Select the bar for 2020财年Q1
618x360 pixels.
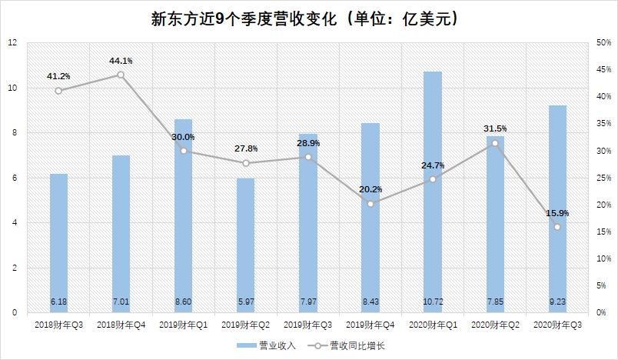[x=433, y=192]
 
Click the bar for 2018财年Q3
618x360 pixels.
[x=58, y=243]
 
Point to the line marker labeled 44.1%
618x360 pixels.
[x=121, y=75]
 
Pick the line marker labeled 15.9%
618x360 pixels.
[x=557, y=227]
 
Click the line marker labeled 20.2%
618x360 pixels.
[x=370, y=204]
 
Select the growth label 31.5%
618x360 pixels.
[x=494, y=128]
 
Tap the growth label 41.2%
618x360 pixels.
[x=58, y=76]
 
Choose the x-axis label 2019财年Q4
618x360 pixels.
[x=370, y=325]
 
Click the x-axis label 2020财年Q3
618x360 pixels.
[x=557, y=325]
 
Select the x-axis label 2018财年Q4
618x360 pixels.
[x=121, y=325]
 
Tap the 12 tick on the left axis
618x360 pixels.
[x=12, y=43]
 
